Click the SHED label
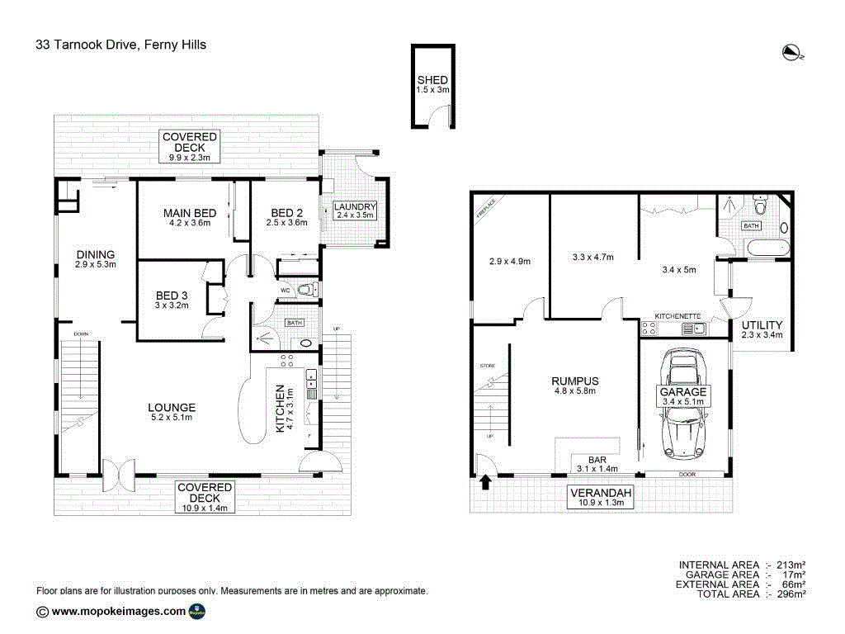[x=432, y=80]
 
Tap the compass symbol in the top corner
[x=792, y=53]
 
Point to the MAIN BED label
[x=190, y=213]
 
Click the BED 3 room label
[x=172, y=296]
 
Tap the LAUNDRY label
[x=355, y=206]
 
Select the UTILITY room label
[x=762, y=325]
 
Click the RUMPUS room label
[x=574, y=381]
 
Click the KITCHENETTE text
[x=677, y=316]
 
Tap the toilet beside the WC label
[x=307, y=290]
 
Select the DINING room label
[x=95, y=254]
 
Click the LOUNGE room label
[x=171, y=407]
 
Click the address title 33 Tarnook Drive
[x=120, y=45]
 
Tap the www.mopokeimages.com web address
[x=118, y=612]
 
